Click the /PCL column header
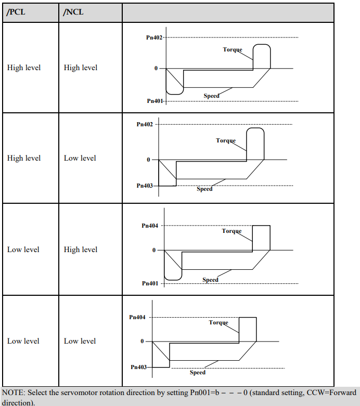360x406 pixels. point(16,12)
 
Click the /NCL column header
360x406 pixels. point(73,12)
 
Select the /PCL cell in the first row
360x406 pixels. point(24,68)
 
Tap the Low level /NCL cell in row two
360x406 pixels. point(80,158)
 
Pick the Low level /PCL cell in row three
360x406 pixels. point(23,250)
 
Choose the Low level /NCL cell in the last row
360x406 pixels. point(80,340)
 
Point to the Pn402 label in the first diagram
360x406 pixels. point(154,37)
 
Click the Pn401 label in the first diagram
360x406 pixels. point(155,101)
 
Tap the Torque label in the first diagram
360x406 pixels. point(233,49)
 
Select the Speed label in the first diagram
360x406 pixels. point(212,96)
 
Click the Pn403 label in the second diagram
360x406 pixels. point(145,186)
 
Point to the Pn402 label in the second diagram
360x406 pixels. point(145,124)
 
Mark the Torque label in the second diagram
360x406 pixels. point(226,140)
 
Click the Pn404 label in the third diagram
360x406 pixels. point(150,226)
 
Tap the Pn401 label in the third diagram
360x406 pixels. point(150,283)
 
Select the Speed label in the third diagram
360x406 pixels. point(211,280)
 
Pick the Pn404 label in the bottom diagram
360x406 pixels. point(137,317)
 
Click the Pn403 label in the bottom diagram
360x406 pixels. point(139,367)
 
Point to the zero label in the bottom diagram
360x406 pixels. point(142,341)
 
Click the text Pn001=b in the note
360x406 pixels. point(204,392)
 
